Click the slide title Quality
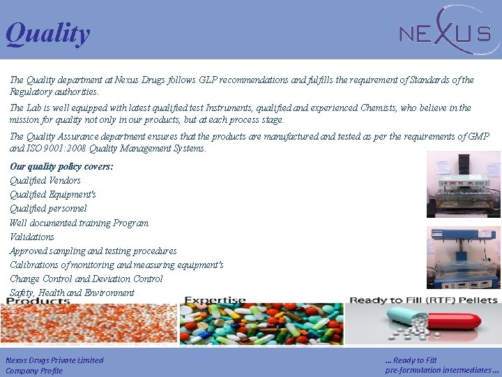(47, 34)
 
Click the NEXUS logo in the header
(444, 31)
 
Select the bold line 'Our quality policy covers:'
(61, 167)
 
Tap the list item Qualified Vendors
(45, 181)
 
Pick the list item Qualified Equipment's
(53, 195)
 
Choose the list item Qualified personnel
(48, 209)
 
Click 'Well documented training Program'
(79, 223)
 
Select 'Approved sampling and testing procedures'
(93, 251)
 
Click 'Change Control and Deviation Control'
(86, 279)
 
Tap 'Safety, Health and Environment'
(72, 293)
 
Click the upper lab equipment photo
(464, 185)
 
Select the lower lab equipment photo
(464, 258)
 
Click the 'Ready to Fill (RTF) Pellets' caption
(423, 300)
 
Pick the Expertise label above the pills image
(215, 301)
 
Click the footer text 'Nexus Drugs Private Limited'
(54, 360)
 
